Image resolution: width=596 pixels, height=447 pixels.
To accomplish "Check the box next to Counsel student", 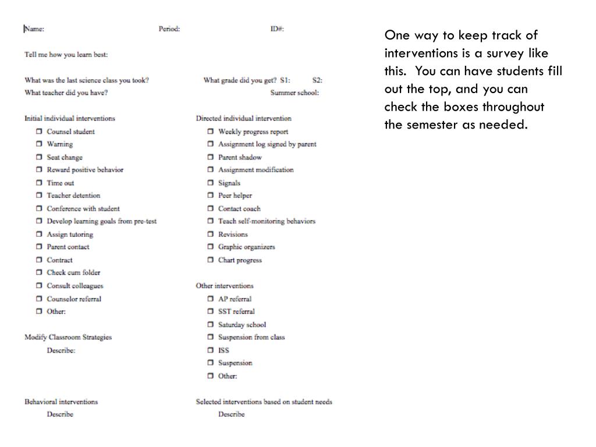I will pyautogui.click(x=39, y=132).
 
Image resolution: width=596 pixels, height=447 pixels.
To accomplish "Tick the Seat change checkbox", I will pyautogui.click(x=39, y=157).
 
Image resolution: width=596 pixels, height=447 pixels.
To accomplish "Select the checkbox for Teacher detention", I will pyautogui.click(x=39, y=196).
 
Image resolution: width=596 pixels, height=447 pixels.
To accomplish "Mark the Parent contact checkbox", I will pyautogui.click(x=39, y=247).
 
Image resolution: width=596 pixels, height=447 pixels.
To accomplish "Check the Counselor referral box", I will pyautogui.click(x=39, y=299).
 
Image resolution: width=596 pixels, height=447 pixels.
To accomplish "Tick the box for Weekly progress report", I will pyautogui.click(x=211, y=132).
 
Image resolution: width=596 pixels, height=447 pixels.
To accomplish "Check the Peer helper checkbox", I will pyautogui.click(x=211, y=196).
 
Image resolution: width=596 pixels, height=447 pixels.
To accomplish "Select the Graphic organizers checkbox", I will pyautogui.click(x=211, y=247).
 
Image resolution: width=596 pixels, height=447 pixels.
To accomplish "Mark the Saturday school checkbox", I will pyautogui.click(x=211, y=325).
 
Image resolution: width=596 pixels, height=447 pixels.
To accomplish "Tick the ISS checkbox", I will pyautogui.click(x=211, y=350).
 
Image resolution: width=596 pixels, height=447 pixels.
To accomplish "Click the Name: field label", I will pyautogui.click(x=34, y=29).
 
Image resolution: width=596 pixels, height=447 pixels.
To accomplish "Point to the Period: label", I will pyautogui.click(x=169, y=29).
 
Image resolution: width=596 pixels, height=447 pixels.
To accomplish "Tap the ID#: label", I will pyautogui.click(x=277, y=29).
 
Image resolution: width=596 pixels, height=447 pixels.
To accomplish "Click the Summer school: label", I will pyautogui.click(x=295, y=93).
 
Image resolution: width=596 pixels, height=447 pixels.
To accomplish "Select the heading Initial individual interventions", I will pyautogui.click(x=70, y=118).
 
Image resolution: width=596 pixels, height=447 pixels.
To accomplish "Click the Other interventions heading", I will pyautogui.click(x=225, y=286).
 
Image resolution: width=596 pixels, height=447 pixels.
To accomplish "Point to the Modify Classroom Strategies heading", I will pyautogui.click(x=68, y=337).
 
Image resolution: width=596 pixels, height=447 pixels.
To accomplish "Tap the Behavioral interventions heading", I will pyautogui.click(x=61, y=402).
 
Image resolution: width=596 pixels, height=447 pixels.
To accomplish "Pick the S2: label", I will pyautogui.click(x=317, y=80).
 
